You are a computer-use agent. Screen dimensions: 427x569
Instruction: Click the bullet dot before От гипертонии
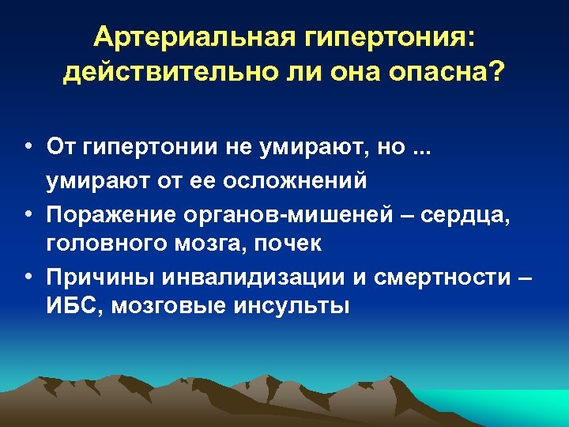click(28, 146)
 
